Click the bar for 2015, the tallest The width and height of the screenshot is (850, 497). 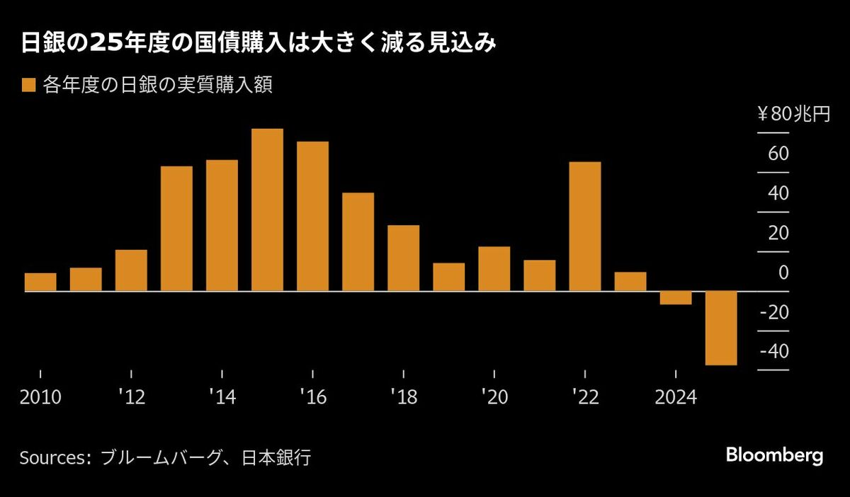point(267,210)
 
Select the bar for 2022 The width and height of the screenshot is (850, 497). point(585,227)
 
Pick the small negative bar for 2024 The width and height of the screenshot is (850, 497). point(676,298)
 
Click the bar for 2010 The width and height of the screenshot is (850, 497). point(40,282)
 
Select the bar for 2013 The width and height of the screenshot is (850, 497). point(176,229)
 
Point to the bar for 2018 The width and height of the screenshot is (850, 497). point(403,258)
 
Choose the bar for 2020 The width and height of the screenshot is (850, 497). point(494,269)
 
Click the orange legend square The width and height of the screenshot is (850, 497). point(28,86)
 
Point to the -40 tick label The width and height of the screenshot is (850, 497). point(774,352)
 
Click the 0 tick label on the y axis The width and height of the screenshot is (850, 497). point(783,273)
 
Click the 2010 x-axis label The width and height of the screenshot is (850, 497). point(40,397)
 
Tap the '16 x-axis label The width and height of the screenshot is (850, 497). point(312,397)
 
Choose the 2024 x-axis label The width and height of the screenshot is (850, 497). point(676,397)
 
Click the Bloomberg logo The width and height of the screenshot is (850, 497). point(774,455)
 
